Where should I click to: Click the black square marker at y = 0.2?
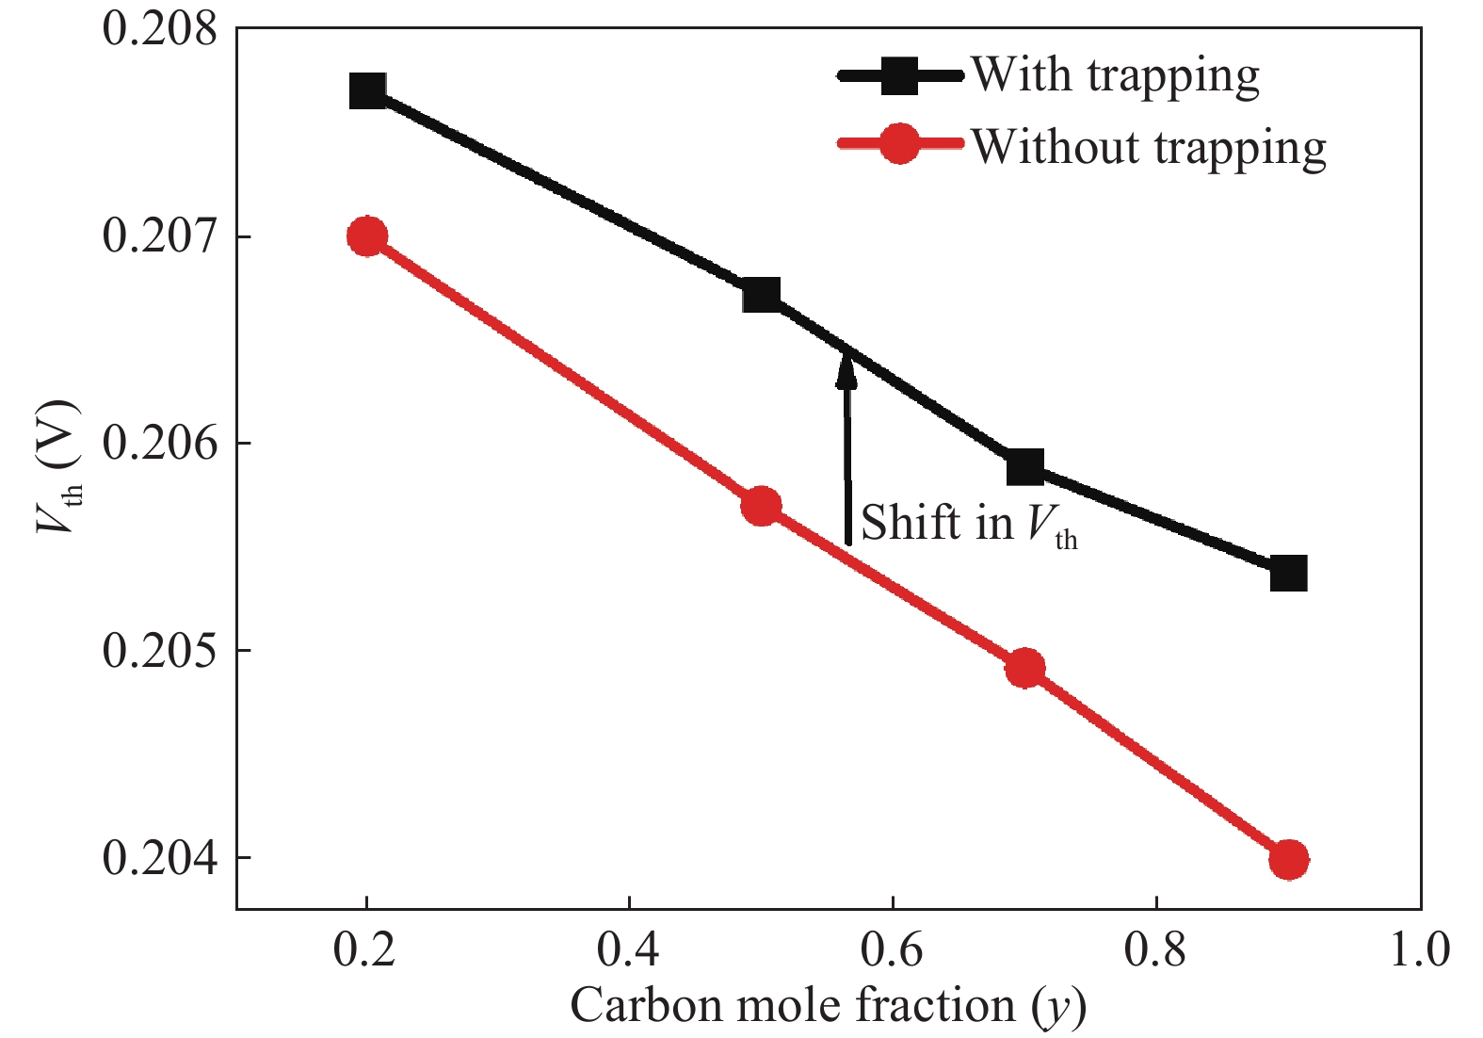pos(367,91)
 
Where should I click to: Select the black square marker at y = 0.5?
pos(761,296)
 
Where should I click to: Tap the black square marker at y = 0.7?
pos(1024,467)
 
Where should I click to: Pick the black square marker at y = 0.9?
pos(1288,573)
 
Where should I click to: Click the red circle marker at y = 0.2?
pos(367,236)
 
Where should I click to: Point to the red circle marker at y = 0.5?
pos(761,507)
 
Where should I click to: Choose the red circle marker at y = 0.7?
pos(1024,669)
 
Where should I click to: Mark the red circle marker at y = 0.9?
pos(1288,859)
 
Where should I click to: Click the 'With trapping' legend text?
pos(1116,75)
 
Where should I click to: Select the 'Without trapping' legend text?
pos(1149,148)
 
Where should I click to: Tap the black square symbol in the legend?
pos(899,75)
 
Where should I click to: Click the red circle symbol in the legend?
pos(899,144)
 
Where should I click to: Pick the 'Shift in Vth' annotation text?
pos(969,525)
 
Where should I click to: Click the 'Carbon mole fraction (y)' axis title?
pos(828,1006)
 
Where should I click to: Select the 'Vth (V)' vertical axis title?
pos(58,466)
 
